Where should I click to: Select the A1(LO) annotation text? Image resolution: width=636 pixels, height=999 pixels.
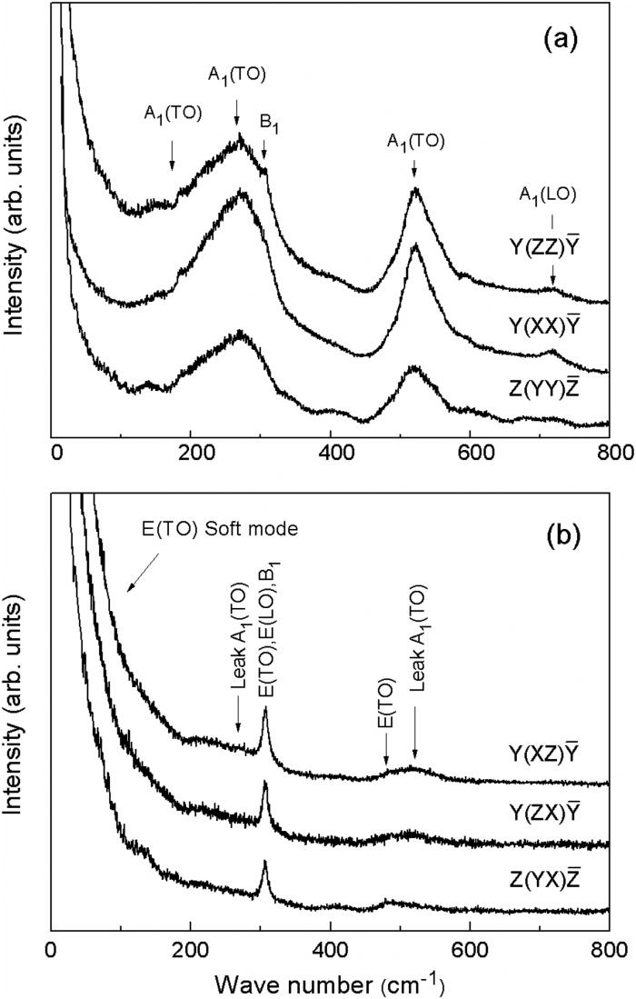click(x=549, y=193)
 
